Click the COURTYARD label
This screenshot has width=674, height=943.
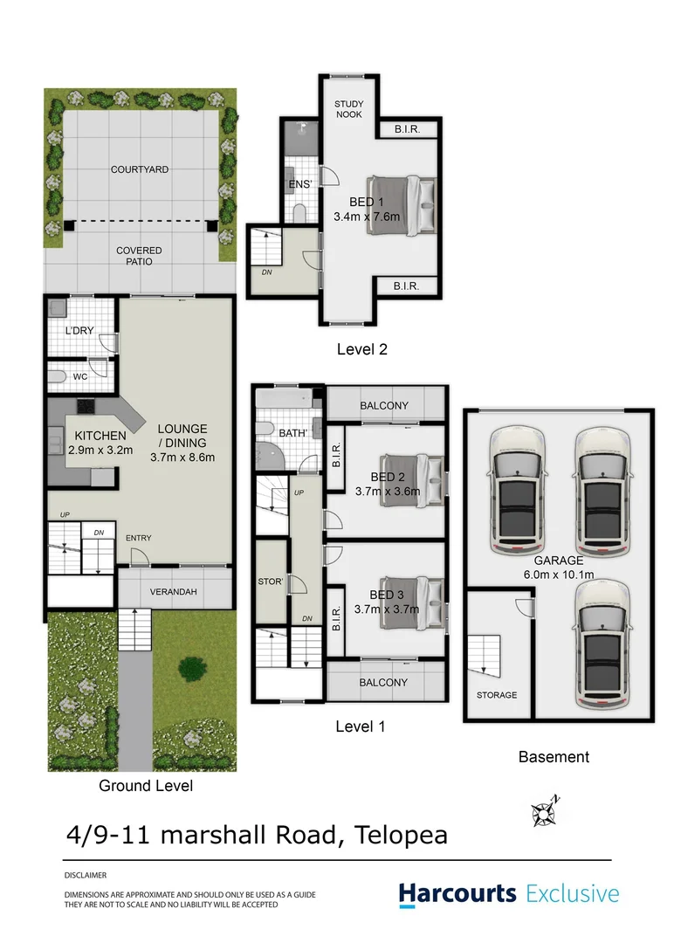click(140, 169)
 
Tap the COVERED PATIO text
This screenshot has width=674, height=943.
click(140, 256)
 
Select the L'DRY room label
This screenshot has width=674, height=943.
click(79, 331)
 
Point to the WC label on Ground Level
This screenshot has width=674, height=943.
click(79, 377)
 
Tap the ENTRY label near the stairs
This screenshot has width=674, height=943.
click(138, 538)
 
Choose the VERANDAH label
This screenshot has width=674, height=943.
click(175, 592)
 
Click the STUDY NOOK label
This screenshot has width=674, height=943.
click(349, 109)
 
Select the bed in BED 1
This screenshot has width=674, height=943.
click(401, 204)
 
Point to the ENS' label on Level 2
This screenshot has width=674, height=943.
click(299, 184)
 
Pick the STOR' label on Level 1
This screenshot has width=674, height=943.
click(270, 580)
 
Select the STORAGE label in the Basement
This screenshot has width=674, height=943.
click(497, 695)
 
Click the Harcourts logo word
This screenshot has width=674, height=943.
click(457, 894)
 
